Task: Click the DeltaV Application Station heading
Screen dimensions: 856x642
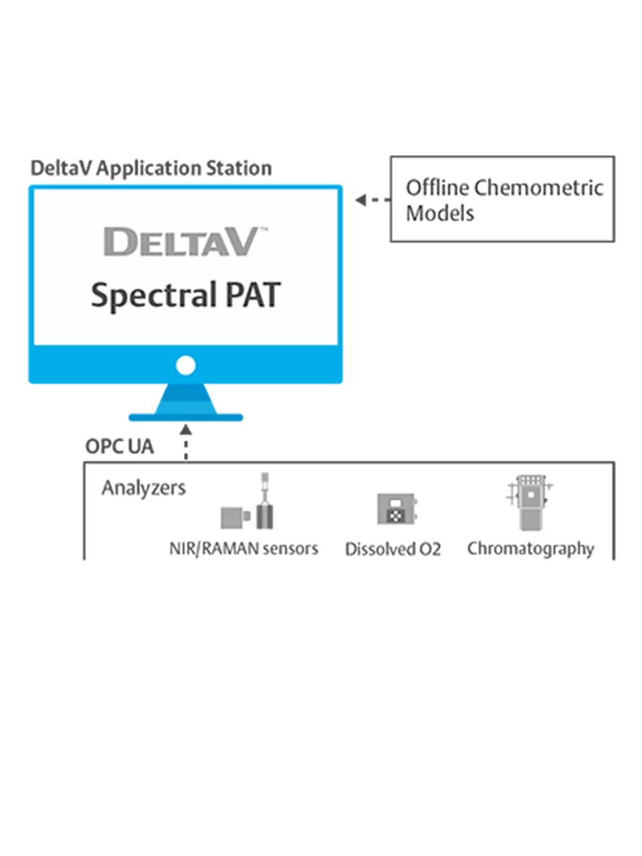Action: click(x=151, y=169)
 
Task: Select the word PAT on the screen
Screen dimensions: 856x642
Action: click(x=253, y=296)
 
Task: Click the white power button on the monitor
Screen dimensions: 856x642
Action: click(x=185, y=365)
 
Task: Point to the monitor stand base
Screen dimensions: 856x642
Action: click(x=185, y=417)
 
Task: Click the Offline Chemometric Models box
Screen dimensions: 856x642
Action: click(x=502, y=199)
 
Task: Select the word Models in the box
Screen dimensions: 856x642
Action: click(x=440, y=213)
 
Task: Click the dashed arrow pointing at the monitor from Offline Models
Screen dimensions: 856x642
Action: click(x=371, y=200)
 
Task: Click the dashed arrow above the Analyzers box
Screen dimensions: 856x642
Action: click(x=186, y=443)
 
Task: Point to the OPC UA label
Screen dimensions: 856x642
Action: click(x=120, y=446)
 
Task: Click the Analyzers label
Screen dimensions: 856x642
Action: click(x=144, y=488)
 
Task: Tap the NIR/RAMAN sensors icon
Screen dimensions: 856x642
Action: click(x=249, y=506)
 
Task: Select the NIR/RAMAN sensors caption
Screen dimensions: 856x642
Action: click(x=244, y=549)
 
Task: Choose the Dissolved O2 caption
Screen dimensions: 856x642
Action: click(x=393, y=550)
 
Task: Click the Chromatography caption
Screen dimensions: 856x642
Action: click(x=531, y=549)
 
